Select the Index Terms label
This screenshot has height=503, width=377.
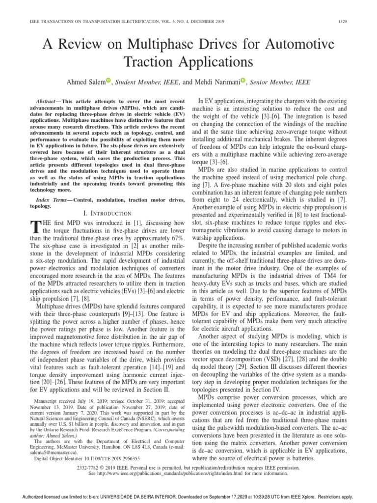(x=55, y=201)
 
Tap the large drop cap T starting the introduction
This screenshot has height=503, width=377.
(x=34, y=227)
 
